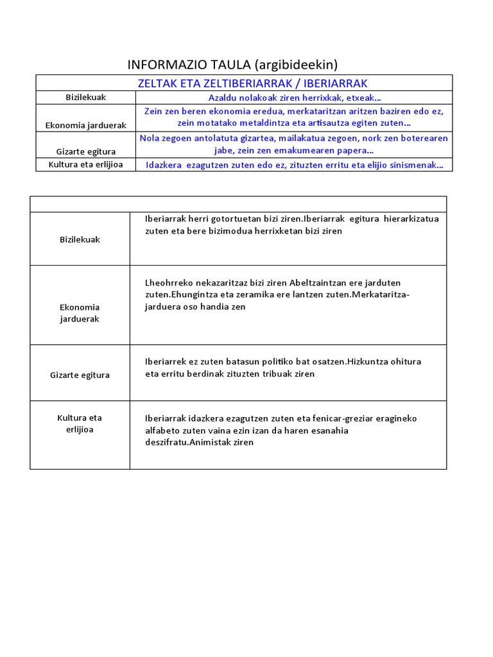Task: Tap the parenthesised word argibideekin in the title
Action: click(x=296, y=64)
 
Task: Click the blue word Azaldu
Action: click(x=223, y=98)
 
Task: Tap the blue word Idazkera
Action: click(x=165, y=165)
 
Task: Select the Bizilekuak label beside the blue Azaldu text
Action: click(x=85, y=98)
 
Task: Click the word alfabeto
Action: click(x=164, y=431)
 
